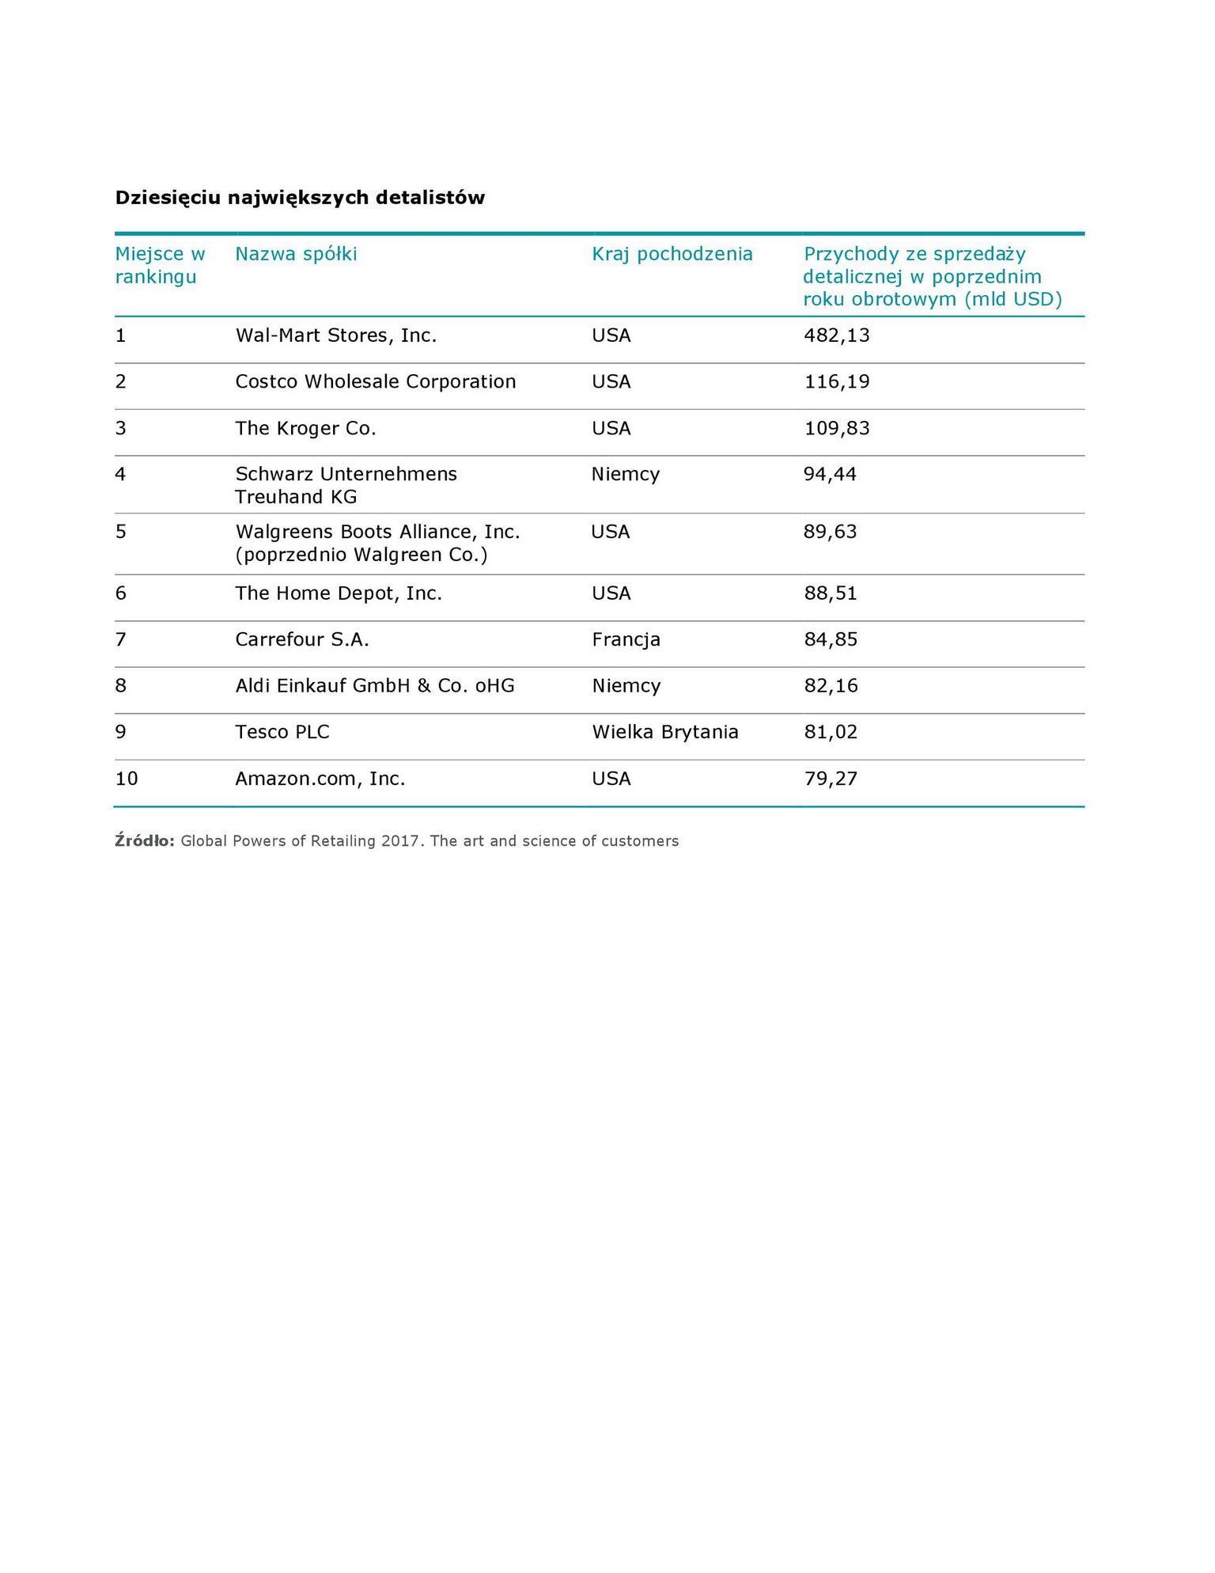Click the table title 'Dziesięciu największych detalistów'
300,198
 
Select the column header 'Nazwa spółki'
296,254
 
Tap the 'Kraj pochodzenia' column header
672,254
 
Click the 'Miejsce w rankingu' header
159,265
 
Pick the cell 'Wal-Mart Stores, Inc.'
335,335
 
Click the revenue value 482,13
836,335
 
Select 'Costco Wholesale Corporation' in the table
375,381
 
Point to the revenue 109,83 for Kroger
836,428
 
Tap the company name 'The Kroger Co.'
305,428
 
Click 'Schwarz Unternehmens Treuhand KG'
346,485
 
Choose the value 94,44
830,474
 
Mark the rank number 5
121,532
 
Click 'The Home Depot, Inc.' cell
339,593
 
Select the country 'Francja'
626,639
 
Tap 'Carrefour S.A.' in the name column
302,639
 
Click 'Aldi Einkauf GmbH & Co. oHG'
374,685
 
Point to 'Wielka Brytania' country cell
664,732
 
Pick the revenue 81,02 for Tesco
831,732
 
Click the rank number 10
127,779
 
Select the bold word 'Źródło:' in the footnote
144,841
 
